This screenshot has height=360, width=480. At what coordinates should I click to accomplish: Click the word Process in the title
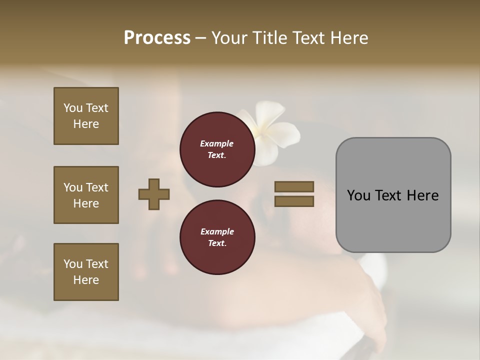pos(157,38)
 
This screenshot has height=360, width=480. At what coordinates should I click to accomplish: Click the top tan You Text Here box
pos(86,116)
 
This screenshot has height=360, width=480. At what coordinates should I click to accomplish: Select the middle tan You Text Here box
pos(86,195)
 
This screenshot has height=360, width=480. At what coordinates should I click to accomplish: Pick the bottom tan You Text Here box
pos(86,272)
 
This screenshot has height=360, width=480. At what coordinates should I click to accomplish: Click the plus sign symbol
pos(154,194)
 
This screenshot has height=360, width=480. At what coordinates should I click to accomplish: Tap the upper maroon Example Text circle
pos(217,149)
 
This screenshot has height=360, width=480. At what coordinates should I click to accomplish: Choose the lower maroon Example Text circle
pos(217,237)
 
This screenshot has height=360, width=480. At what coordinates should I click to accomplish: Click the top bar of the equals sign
pos(294,186)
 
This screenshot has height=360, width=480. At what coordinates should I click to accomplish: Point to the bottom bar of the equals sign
pos(294,201)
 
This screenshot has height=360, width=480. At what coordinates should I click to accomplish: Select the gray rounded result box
pos(393,195)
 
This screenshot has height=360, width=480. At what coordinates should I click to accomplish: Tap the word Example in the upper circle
pos(217,143)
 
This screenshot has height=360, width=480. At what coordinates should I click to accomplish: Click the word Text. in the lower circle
pos(217,243)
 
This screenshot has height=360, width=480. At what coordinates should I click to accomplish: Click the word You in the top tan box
pos(72,108)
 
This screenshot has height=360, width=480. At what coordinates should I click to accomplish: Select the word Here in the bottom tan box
pos(86,280)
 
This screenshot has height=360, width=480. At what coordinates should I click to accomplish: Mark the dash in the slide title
pos(200,38)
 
